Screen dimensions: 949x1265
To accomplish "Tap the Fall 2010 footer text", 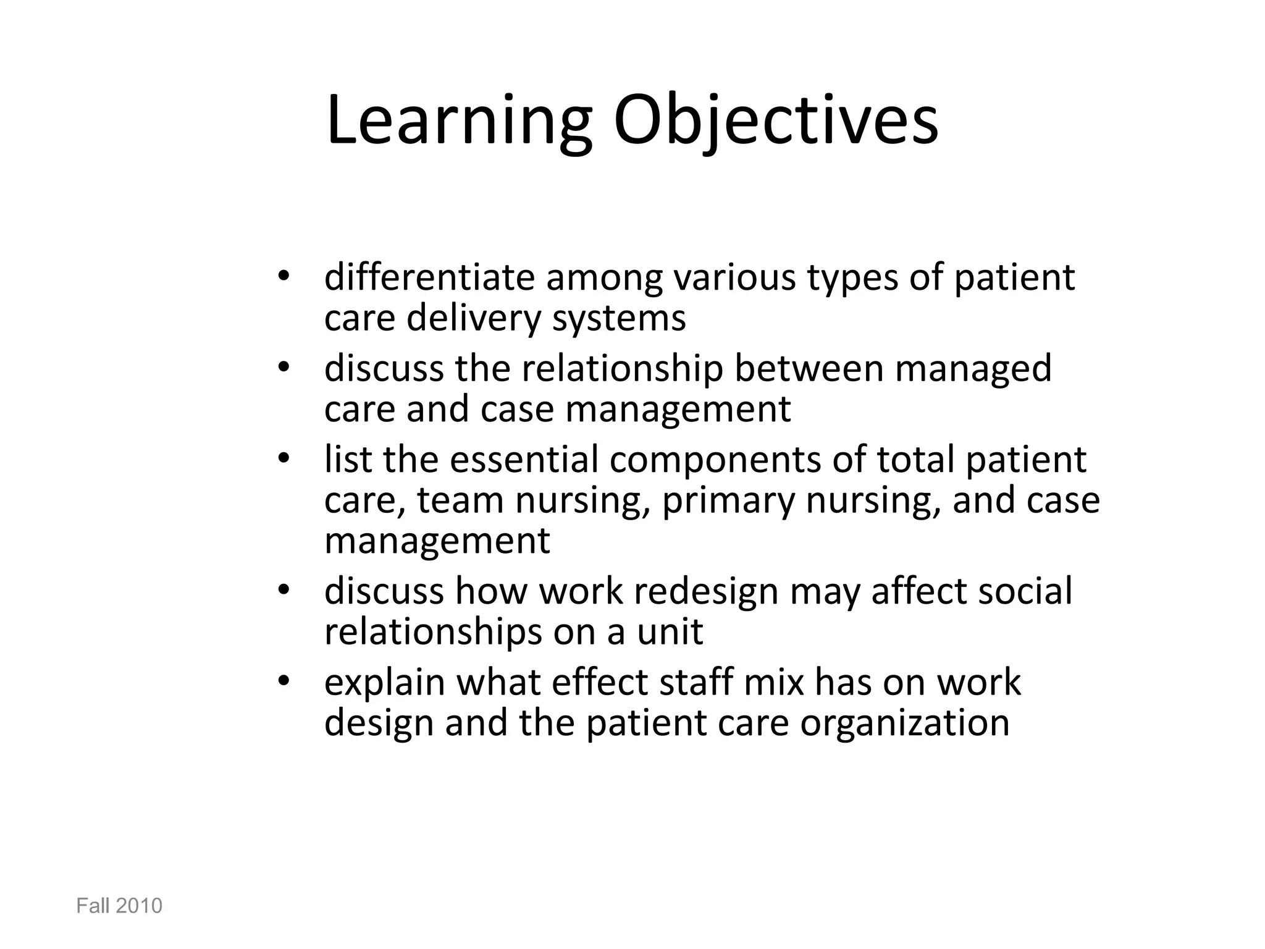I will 119,906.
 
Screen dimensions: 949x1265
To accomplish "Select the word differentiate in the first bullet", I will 429,277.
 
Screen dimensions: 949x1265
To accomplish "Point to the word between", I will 808,368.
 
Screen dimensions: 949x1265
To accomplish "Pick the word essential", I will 524,460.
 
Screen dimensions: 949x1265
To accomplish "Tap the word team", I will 460,500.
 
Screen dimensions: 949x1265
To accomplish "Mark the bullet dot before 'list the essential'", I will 284,460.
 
